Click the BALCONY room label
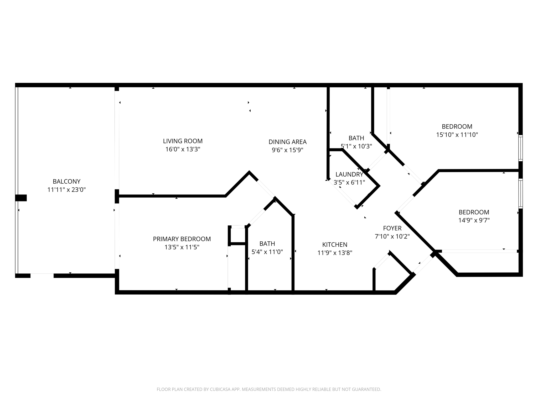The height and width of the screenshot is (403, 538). click(66, 181)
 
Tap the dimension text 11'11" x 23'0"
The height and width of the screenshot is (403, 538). click(66, 190)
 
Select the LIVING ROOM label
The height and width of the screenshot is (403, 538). click(183, 141)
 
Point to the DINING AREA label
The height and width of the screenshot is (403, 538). click(287, 142)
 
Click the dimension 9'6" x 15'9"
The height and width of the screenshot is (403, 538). click(287, 150)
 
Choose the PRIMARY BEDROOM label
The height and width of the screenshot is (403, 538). click(182, 239)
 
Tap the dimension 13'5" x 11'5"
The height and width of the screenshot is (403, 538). click(182, 247)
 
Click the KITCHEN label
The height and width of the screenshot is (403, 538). click(335, 245)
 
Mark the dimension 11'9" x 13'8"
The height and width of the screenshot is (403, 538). click(335, 253)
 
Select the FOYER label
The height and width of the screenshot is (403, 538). click(392, 228)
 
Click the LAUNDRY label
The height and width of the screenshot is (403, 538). click(349, 174)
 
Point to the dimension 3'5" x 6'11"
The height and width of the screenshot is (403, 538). click(349, 182)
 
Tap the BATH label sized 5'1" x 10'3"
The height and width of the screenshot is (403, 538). click(356, 138)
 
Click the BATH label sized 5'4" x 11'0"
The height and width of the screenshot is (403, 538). click(267, 244)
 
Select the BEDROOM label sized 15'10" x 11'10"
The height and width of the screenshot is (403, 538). click(457, 127)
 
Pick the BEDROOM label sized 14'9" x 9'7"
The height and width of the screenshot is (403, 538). click(474, 212)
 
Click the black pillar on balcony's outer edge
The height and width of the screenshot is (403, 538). click(21, 198)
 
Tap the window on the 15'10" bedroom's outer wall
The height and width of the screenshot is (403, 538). click(520, 148)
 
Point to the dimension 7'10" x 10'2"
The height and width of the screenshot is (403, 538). click(392, 236)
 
